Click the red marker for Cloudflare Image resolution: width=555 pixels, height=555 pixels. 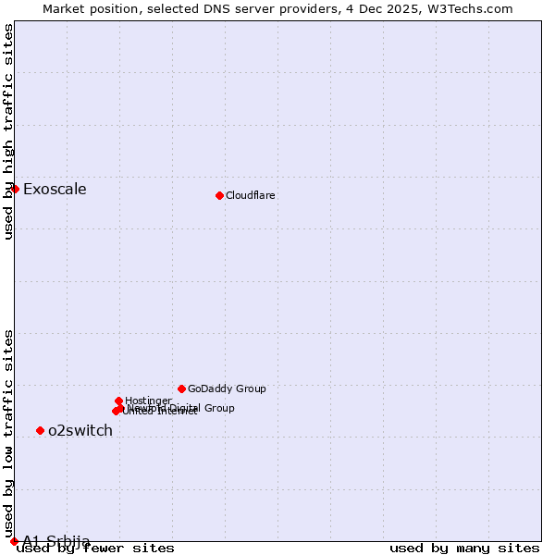[219, 195]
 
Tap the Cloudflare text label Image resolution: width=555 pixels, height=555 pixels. [251, 195]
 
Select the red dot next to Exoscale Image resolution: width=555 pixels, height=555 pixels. [15, 189]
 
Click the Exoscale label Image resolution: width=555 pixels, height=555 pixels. [55, 190]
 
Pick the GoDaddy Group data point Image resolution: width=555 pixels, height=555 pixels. [181, 388]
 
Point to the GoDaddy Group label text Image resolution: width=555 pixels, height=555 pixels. [227, 388]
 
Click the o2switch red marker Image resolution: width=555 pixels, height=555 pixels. [40, 430]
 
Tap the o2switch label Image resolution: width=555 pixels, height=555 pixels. [80, 430]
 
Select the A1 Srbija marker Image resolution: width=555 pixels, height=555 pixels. [14, 541]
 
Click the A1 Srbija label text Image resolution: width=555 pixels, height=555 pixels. [56, 541]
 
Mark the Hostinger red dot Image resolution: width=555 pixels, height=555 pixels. [119, 401]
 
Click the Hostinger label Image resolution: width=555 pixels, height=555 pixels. [148, 401]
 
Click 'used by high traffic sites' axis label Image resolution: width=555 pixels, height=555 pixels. [9, 131]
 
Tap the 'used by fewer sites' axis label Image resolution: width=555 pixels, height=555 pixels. [96, 549]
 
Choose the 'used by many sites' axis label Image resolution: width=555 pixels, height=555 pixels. [464, 549]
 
